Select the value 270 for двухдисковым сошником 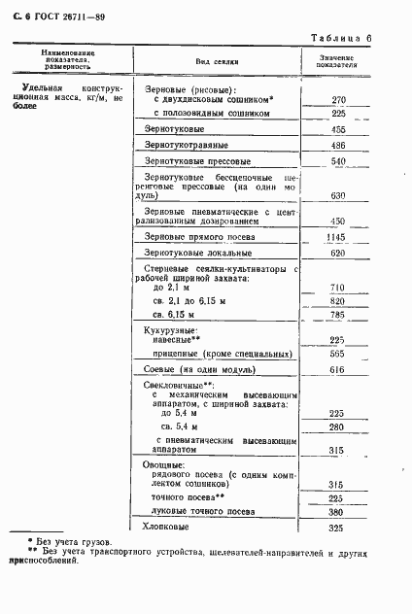(x=339, y=100)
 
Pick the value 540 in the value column (x=339, y=161)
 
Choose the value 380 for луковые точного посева (x=339, y=512)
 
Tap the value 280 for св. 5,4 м (x=339, y=427)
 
